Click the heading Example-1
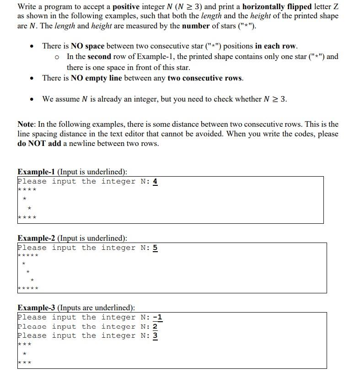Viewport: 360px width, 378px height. pos(36,172)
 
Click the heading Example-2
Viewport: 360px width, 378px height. pos(36,238)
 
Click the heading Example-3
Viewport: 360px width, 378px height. pos(36,308)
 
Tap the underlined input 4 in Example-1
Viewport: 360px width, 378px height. pos(155,182)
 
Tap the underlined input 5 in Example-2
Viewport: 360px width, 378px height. pos(155,248)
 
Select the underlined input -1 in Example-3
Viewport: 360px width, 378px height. pos(157,317)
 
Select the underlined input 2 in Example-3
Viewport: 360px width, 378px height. pos(155,326)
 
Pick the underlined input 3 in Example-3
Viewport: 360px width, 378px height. pos(155,335)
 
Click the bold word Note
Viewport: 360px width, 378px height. pos(26,124)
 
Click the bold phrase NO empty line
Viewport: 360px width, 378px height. pos(96,78)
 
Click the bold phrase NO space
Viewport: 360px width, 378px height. pos(88,46)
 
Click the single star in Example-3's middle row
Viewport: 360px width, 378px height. pos(24,354)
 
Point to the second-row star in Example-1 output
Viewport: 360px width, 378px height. pos(24,199)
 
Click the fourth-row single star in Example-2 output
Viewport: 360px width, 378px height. pos(32,280)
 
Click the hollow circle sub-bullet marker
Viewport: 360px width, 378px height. pos(57,57)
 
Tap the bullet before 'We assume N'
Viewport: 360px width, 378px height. pos(32,99)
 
